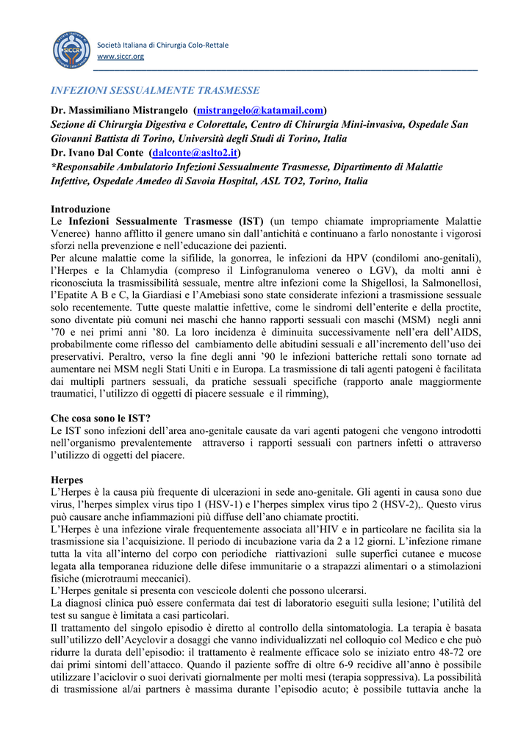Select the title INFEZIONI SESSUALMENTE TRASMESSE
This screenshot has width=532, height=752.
click(154, 90)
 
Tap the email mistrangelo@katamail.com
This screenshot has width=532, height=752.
click(260, 110)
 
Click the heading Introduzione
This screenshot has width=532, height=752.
click(80, 209)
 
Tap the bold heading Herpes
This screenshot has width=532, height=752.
click(67, 480)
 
